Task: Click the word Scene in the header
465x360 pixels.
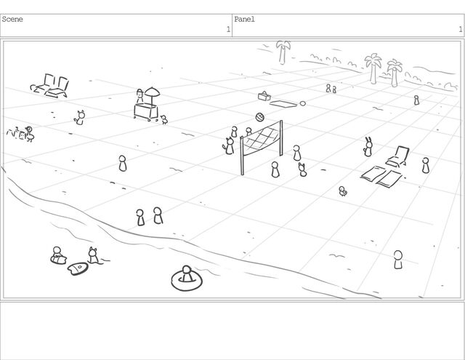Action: coord(12,20)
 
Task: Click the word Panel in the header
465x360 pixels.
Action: coord(244,20)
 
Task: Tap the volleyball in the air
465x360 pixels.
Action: coord(260,117)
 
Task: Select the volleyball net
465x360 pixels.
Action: coord(262,145)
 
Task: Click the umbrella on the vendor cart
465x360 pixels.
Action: coord(152,92)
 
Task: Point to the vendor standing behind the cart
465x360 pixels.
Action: coord(139,96)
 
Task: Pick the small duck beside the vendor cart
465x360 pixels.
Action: coord(164,119)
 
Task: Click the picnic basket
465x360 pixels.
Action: coord(264,96)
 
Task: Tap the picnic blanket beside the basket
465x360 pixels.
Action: coord(283,104)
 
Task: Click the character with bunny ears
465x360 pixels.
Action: coord(368,147)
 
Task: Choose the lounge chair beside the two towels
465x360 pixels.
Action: coord(398,156)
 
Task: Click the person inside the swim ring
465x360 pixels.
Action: coord(187,274)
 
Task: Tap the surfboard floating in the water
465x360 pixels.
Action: coord(78,268)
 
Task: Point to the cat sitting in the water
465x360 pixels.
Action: coord(93,255)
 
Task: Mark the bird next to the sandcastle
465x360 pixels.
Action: coord(30,134)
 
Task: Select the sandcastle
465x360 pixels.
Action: coord(16,133)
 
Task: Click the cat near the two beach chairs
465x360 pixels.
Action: coord(79,118)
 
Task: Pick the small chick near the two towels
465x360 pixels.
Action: coord(343,191)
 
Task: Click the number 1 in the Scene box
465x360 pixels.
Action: coord(228,29)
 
